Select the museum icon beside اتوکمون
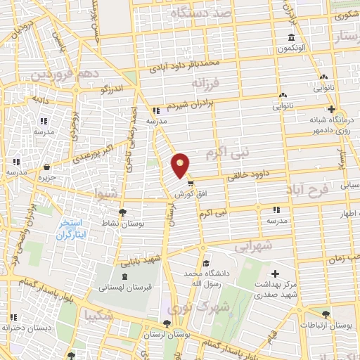tap(291, 37)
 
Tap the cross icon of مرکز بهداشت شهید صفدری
tap(275, 274)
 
